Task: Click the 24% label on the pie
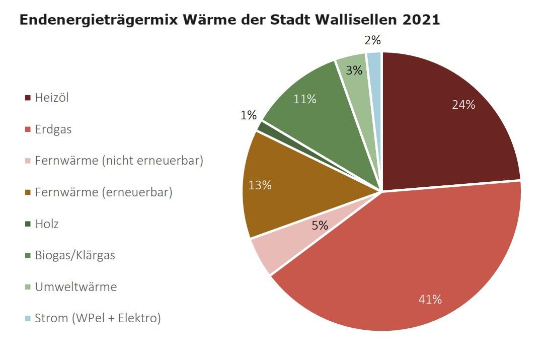[463, 105]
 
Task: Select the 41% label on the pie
[430, 299]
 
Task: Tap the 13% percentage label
[260, 185]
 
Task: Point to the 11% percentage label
[305, 99]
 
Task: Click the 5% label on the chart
[320, 225]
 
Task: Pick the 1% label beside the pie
[249, 115]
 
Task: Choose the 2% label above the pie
[372, 41]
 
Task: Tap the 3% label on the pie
[354, 70]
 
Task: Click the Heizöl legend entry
[51, 98]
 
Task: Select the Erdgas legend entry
[53, 129]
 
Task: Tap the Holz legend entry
[46, 224]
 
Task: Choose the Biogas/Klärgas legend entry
[74, 255]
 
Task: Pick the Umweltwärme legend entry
[75, 287]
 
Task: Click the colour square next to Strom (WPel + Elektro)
[28, 319]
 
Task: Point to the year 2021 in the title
[421, 20]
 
